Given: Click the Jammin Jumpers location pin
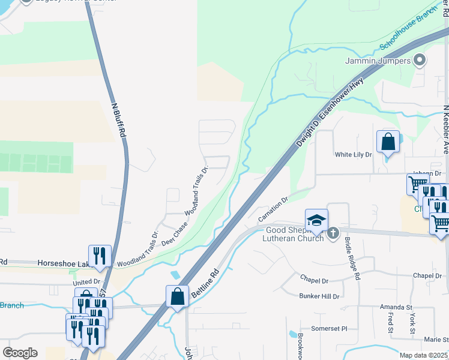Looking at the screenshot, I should pyautogui.click(x=420, y=61).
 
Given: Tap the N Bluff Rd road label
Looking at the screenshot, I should pyautogui.click(x=118, y=121).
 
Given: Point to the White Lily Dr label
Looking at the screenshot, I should pyautogui.click(x=354, y=155).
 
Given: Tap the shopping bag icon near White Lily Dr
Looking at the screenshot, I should pyautogui.click(x=388, y=142).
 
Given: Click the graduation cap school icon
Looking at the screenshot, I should pyautogui.click(x=316, y=220).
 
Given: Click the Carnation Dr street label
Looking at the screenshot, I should pyautogui.click(x=274, y=208).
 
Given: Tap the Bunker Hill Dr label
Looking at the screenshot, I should pyautogui.click(x=319, y=296).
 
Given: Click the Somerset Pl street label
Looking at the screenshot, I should pyautogui.click(x=329, y=329).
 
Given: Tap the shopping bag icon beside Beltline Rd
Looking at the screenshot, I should pyautogui.click(x=178, y=296).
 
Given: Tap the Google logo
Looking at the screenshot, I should pyautogui.click(x=20, y=353).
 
